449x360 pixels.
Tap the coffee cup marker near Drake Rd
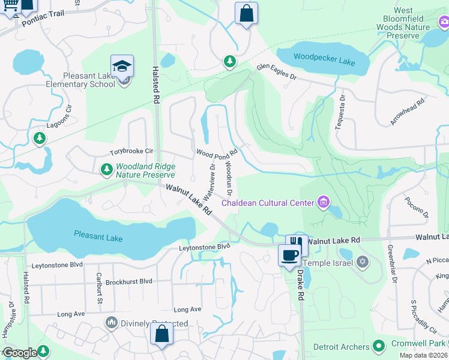pos(290,255)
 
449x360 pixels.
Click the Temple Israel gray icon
pos(362,262)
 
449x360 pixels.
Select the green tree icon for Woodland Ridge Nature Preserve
pos(106,170)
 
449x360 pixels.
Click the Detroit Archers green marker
pos(378,346)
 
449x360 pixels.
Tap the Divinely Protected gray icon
pos(111,323)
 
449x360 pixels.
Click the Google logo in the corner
pos(20,353)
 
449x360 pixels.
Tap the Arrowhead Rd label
pos(408,112)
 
